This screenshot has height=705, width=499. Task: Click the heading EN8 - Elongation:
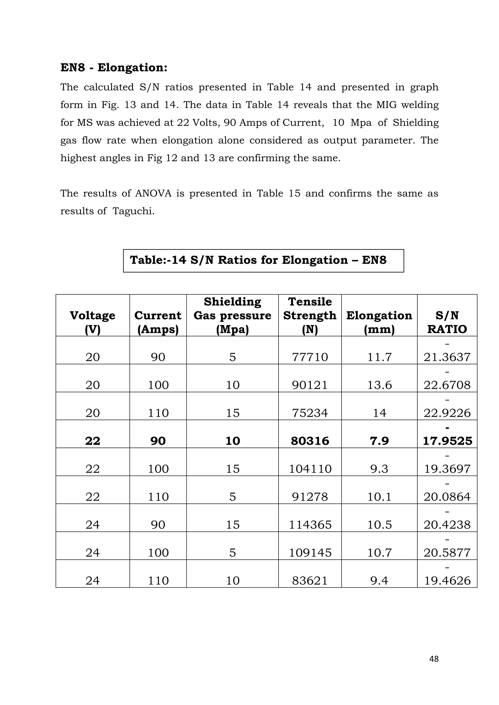(114, 67)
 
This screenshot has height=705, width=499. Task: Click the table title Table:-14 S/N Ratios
(258, 260)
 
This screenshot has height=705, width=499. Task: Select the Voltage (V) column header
(93, 322)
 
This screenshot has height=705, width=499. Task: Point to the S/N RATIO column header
(447, 322)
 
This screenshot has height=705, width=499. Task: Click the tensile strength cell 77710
(310, 357)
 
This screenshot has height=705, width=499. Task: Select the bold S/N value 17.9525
(447, 441)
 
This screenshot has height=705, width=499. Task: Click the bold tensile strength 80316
(310, 441)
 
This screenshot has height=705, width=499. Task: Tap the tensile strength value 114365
(310, 524)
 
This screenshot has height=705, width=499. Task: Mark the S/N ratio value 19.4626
(447, 580)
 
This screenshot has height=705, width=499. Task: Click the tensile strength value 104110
(310, 469)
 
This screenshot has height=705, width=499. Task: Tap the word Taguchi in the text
(133, 211)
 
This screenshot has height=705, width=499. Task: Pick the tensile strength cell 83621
(310, 580)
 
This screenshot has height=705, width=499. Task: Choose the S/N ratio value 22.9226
(447, 413)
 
